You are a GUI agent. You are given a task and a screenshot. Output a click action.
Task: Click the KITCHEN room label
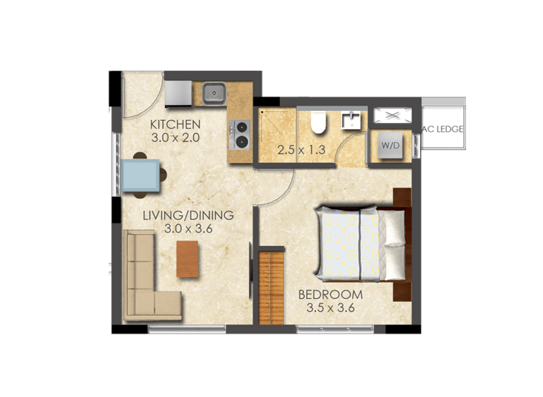click(175, 125)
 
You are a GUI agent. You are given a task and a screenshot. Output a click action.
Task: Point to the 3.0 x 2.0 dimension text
click(175, 138)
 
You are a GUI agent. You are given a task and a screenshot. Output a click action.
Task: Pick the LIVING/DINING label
click(189, 215)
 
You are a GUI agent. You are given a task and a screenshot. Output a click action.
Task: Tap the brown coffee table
click(188, 259)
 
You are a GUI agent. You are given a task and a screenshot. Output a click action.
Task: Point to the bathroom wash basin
click(351, 120)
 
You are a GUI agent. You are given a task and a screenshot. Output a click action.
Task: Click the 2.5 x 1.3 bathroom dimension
click(300, 149)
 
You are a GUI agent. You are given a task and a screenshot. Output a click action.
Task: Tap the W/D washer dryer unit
click(389, 145)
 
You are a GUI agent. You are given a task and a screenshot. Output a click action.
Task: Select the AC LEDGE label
click(443, 129)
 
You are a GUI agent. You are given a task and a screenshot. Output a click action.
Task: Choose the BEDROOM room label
click(330, 294)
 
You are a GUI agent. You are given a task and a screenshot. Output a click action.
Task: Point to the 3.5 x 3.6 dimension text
click(330, 308)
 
